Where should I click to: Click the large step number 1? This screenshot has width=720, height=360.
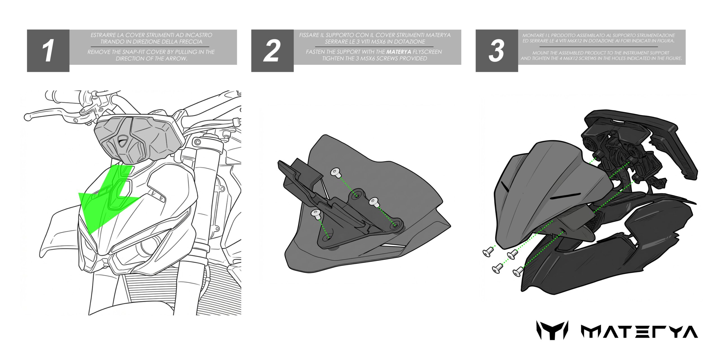coord(48,51)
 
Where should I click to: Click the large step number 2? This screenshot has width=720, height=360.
coord(272,51)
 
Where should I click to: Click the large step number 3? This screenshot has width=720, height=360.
coord(496,51)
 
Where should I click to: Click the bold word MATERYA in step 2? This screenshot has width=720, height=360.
coord(399,52)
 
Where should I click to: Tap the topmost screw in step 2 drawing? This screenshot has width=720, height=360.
coord(336,172)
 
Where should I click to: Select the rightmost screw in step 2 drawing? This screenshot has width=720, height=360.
coord(373,202)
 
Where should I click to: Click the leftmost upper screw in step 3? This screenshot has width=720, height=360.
coord(488,252)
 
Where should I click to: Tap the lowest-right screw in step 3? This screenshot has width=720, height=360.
coord(518,272)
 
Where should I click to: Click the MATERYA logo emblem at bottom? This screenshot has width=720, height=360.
coord(552,330)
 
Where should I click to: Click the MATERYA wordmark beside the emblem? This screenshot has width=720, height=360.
coord(639,332)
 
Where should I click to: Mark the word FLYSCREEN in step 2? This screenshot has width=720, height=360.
coord(427,52)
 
